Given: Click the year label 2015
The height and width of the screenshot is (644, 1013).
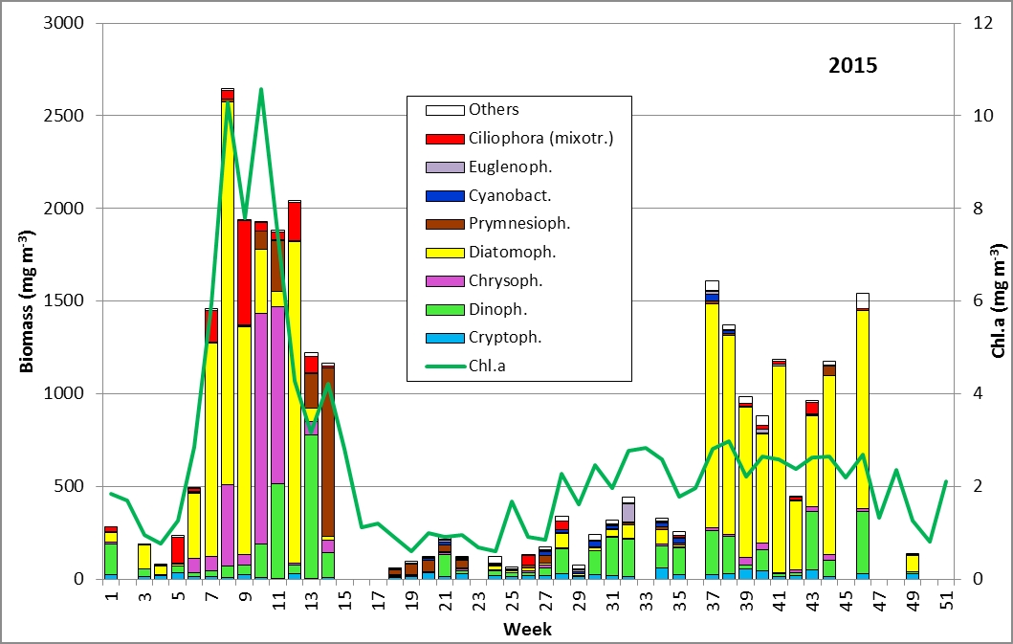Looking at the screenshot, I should (x=852, y=67).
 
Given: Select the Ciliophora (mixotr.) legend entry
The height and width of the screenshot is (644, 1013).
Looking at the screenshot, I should (x=540, y=138).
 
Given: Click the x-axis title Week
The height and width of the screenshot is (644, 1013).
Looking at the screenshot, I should (x=528, y=629).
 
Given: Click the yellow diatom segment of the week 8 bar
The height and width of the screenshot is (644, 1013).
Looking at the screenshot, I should (x=228, y=287).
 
